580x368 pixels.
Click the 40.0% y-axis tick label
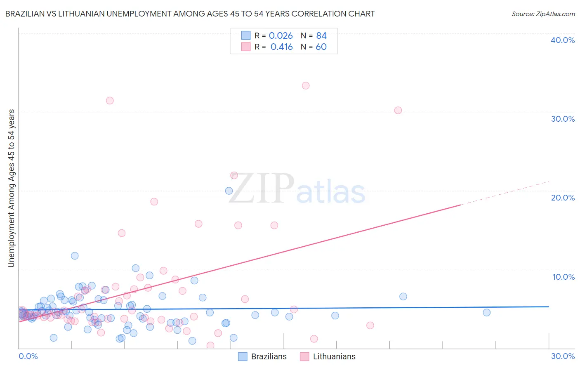[x=563, y=40]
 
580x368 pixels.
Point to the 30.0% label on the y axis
[x=563, y=119]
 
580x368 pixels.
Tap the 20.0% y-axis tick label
[x=563, y=198]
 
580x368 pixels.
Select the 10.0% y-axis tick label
[x=563, y=277]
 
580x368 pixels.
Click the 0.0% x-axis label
[x=28, y=356]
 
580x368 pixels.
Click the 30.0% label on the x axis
[x=563, y=356]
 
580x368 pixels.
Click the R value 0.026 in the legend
[x=281, y=36]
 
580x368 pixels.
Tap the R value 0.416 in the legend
[x=281, y=47]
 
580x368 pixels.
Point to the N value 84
[x=321, y=36]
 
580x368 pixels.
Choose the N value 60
[x=321, y=47]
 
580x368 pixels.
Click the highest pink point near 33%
[x=306, y=86]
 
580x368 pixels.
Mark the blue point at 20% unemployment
[x=229, y=191]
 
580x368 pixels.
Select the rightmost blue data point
[x=487, y=312]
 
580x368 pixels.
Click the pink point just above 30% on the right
[x=398, y=110]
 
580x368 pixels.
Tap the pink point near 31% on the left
[x=110, y=101]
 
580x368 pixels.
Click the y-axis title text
[x=12, y=188]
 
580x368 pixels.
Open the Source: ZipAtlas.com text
[x=543, y=14]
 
